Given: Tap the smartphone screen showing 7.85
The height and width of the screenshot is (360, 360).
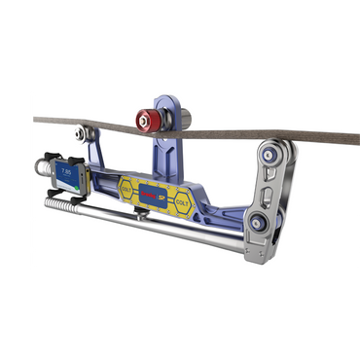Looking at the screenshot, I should pos(70,180).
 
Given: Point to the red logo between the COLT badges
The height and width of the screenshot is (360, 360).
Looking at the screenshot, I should pos(155,193).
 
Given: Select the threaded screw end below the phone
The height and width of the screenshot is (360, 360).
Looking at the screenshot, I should pos(60,208).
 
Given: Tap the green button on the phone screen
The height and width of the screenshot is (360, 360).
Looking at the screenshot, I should pos(69,190).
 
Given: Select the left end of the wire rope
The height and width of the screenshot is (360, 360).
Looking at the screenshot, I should pos(37,122).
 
